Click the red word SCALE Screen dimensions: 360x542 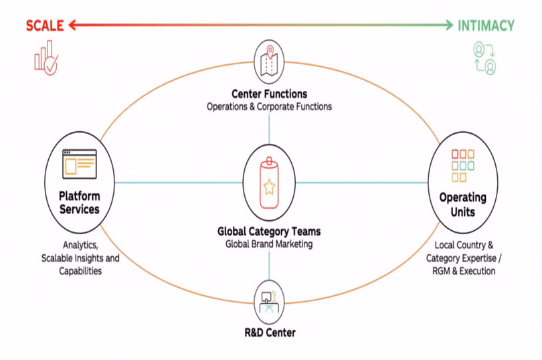[44, 26]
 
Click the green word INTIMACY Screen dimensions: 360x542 [486, 26]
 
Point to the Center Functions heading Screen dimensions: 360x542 [269, 94]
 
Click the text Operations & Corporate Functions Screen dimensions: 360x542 [269, 106]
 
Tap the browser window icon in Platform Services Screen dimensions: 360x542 [80, 163]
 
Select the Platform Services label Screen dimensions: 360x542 [79, 203]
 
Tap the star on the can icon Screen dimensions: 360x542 [269, 188]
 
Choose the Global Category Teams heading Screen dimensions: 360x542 [269, 232]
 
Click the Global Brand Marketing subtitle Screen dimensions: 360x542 [269, 244]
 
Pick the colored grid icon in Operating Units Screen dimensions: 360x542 [462, 165]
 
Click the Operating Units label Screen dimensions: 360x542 [462, 205]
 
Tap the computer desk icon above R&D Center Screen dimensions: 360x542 [269, 299]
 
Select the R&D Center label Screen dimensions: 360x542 [269, 333]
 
